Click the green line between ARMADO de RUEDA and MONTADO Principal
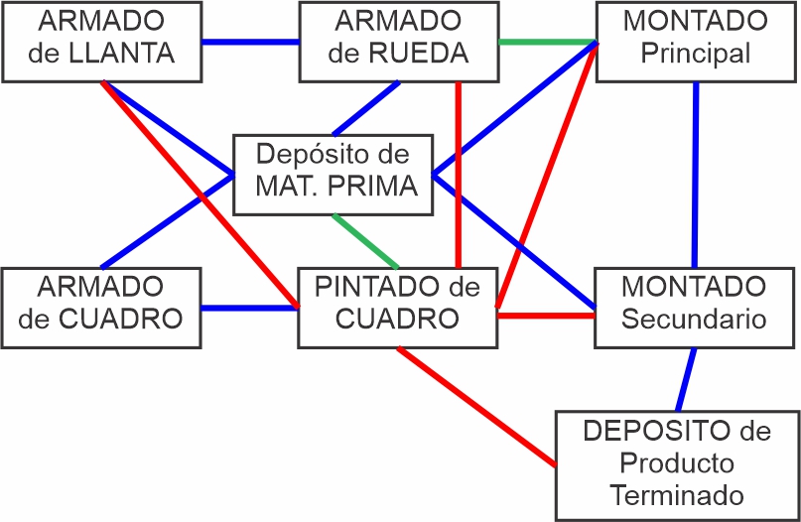548,42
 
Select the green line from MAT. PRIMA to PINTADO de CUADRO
365,241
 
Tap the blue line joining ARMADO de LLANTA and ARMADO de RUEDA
250,42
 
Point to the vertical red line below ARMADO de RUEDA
459,175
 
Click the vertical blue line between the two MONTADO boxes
695,175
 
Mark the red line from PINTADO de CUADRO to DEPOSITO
476,406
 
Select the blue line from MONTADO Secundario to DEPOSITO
686,379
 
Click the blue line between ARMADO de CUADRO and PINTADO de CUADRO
250,308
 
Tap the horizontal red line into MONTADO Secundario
546,316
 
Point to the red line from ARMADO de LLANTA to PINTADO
200,195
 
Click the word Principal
695,54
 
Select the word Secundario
694,319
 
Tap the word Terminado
677,495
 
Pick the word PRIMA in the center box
374,186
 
